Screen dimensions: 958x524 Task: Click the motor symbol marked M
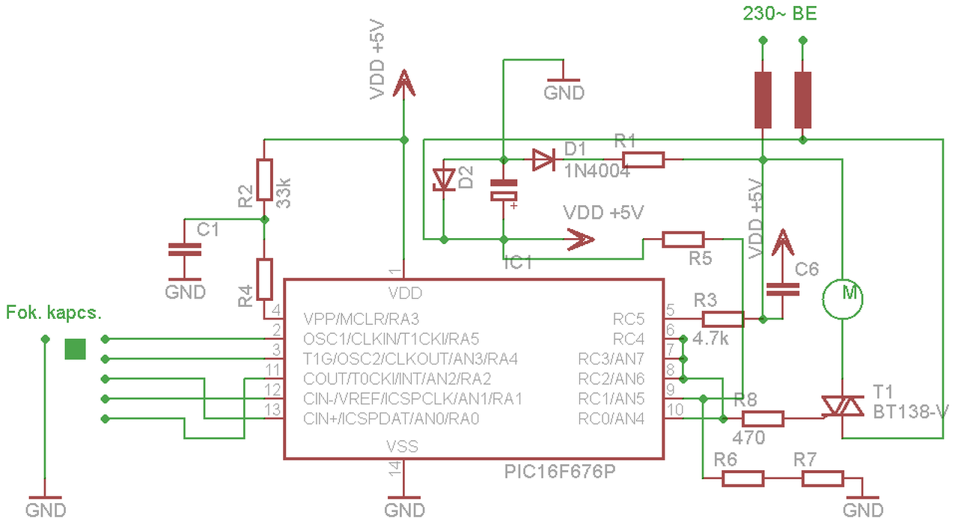click(x=843, y=299)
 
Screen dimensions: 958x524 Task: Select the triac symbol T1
click(x=842, y=406)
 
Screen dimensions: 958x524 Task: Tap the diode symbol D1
click(x=543, y=160)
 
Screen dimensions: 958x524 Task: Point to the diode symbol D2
click(x=444, y=180)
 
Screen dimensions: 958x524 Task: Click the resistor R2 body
click(x=264, y=180)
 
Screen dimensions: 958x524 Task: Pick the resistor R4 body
click(x=264, y=279)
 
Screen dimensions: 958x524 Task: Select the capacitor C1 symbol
click(x=184, y=250)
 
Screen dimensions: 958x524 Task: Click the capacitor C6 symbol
click(x=783, y=290)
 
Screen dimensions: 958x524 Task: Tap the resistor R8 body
click(x=763, y=419)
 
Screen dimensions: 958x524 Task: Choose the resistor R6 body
click(x=743, y=478)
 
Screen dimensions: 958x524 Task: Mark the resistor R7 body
click(x=823, y=478)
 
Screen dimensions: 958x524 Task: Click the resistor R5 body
click(x=683, y=240)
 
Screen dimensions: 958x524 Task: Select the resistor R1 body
click(x=643, y=160)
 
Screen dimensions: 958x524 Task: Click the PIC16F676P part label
click(x=560, y=472)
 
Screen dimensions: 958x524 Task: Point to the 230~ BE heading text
click(x=780, y=13)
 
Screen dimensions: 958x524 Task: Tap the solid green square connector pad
click(x=76, y=349)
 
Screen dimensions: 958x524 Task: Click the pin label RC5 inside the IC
click(x=628, y=319)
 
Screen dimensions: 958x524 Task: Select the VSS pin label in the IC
click(x=402, y=447)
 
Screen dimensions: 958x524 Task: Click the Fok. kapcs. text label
click(x=54, y=313)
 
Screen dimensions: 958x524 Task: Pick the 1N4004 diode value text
click(x=597, y=171)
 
